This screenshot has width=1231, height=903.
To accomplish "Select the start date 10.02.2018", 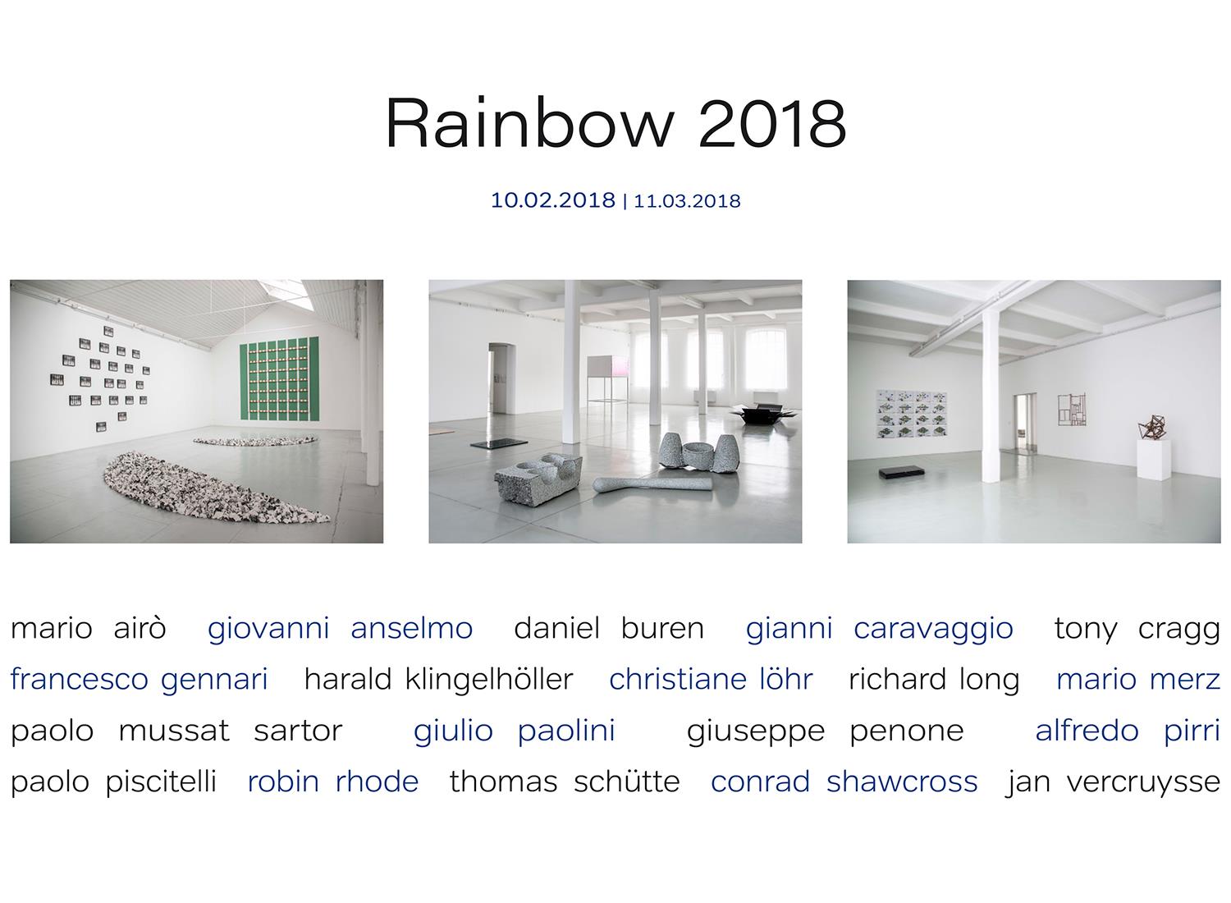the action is point(552,200).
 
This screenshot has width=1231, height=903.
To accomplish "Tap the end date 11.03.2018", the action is point(687,201).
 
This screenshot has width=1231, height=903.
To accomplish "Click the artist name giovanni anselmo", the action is point(341,628).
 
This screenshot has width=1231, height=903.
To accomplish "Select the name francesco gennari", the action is point(139,680).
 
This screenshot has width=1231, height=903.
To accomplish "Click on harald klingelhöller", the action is point(438,680).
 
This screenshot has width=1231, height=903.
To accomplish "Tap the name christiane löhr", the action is point(711,680).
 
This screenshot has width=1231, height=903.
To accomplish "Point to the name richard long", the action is point(934,680).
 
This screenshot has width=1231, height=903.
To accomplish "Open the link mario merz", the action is point(1138,680).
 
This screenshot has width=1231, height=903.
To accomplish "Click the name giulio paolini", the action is point(514,731).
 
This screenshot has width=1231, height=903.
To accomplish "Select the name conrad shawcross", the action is point(844,782).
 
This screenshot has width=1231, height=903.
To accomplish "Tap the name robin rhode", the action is point(333,782).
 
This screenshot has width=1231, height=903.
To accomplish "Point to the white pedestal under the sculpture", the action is point(1154,460).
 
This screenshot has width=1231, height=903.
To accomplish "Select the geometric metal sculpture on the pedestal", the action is point(1154,427).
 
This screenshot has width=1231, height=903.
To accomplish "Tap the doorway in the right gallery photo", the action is point(1026,424).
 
